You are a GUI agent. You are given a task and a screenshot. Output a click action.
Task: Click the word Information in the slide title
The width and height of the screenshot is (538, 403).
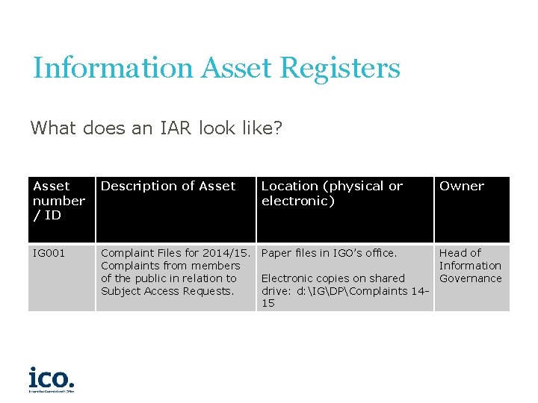113,68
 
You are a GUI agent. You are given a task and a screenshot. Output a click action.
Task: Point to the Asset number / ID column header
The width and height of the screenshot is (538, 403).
59,200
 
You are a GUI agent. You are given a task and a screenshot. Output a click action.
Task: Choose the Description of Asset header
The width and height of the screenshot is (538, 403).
168,186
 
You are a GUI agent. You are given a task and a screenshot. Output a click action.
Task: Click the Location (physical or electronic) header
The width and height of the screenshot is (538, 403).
332,193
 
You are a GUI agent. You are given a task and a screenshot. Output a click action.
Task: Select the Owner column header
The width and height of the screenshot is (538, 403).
462,186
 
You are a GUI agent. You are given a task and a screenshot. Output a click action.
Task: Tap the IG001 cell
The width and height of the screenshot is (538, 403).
49,253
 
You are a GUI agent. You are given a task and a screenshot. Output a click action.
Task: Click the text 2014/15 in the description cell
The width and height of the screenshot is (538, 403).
227,253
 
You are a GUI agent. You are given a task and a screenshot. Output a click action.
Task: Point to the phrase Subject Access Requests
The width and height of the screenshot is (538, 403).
167,291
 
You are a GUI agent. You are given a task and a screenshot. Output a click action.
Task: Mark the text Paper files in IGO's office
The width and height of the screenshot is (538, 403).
329,253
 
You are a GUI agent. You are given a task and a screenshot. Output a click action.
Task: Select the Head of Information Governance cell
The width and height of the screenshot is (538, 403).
470,266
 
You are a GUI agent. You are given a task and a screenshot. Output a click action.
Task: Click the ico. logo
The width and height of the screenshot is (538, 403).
52,378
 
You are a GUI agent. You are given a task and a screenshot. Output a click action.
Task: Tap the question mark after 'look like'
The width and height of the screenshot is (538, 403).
277,128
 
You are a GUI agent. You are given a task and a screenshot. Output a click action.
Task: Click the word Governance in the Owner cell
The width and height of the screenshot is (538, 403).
470,278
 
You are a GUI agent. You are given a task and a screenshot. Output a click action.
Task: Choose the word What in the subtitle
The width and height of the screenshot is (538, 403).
52,128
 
